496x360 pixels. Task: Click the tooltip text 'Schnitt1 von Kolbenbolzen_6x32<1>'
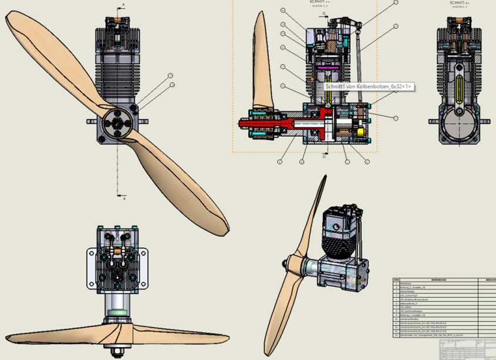[x=369, y=86]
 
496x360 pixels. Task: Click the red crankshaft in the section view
[x=276, y=123]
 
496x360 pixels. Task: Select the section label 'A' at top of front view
[x=123, y=5]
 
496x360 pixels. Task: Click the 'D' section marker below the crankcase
[x=323, y=157]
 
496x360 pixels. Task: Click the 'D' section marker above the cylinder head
[x=323, y=12]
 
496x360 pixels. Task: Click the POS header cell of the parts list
[x=397, y=280]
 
